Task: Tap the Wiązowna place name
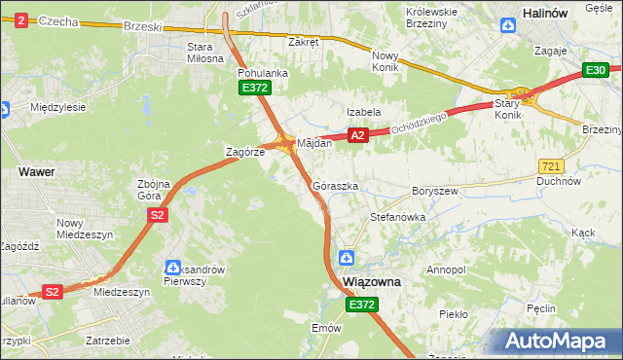(373, 281)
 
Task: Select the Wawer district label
(36, 170)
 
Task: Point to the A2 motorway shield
(357, 136)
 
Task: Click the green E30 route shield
(596, 70)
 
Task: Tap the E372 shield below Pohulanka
(255, 89)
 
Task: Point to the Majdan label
(314, 143)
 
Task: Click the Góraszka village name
(336, 185)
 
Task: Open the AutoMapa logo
(562, 341)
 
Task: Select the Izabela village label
(364, 112)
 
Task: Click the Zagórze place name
(244, 153)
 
